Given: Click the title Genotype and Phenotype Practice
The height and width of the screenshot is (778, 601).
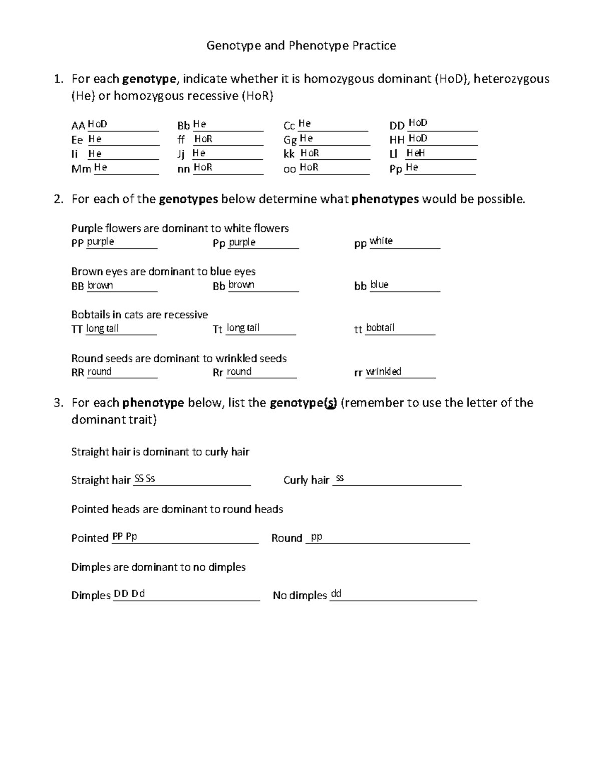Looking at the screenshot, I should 301,46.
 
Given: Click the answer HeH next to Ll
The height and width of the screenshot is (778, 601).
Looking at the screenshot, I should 416,153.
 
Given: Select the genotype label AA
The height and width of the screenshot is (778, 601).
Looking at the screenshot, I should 78,126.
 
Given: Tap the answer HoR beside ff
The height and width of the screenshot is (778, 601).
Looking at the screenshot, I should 203,139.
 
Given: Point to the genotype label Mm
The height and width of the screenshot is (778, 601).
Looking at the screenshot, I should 81,169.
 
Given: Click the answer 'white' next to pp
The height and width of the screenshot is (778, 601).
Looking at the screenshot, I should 381,241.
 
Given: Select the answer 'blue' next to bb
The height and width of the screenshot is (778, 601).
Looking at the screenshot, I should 379,285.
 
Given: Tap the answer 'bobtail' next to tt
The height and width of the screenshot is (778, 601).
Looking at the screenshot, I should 380,328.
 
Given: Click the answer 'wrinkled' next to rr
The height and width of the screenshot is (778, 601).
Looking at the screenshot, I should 384,371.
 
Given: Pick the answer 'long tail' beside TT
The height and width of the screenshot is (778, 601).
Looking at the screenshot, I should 102,328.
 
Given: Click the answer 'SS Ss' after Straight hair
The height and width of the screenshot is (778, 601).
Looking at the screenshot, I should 145,478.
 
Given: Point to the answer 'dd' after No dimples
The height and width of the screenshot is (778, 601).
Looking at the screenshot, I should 336,594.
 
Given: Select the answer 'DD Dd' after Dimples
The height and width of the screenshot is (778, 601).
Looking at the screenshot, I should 129,594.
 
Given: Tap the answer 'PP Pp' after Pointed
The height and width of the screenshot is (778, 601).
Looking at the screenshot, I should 124,536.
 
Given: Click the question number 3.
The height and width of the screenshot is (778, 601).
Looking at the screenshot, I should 59,403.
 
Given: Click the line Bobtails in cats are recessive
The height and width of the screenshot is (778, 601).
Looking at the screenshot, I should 139,315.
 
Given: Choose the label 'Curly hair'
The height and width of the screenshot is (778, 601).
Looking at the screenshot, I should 306,480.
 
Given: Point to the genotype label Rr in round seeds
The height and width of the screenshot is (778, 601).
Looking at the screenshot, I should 218,373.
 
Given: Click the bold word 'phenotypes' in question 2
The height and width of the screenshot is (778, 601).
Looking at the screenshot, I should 385,199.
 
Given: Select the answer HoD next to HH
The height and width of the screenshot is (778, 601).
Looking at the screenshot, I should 418,138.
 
